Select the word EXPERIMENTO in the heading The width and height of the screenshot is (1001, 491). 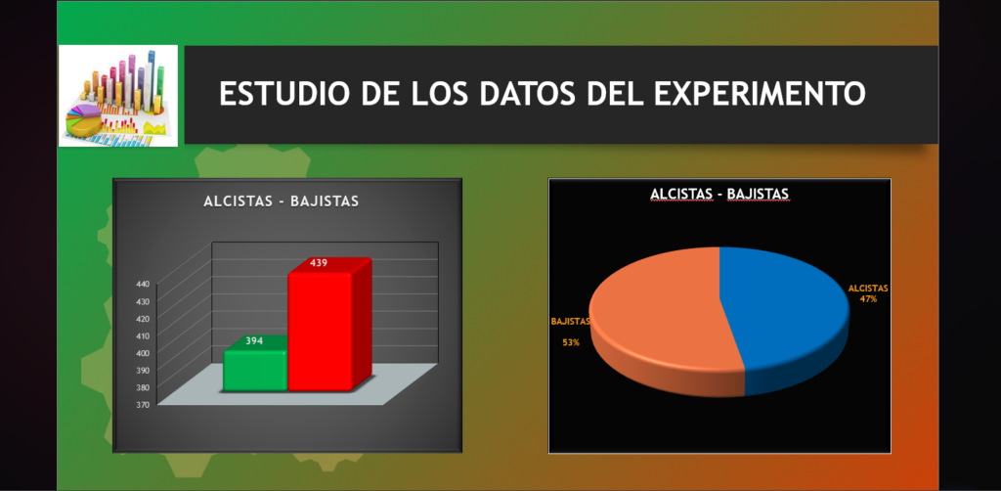(760, 94)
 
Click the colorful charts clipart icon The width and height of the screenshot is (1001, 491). (118, 96)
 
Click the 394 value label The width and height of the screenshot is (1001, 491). (254, 341)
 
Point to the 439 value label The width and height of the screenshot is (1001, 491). (319, 262)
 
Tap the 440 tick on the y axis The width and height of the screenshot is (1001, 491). (143, 284)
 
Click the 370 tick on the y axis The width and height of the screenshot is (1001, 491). (143, 404)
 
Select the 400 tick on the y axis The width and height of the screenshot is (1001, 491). (143, 352)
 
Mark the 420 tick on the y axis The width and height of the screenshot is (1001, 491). (143, 318)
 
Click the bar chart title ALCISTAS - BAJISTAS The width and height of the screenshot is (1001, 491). (281, 201)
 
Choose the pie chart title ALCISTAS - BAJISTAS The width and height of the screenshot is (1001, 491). (719, 194)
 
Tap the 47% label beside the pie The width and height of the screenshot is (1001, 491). (868, 299)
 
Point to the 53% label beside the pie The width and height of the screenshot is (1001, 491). (571, 342)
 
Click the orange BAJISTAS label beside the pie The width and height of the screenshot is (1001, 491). (571, 321)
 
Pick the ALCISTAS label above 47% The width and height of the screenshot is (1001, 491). (868, 288)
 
